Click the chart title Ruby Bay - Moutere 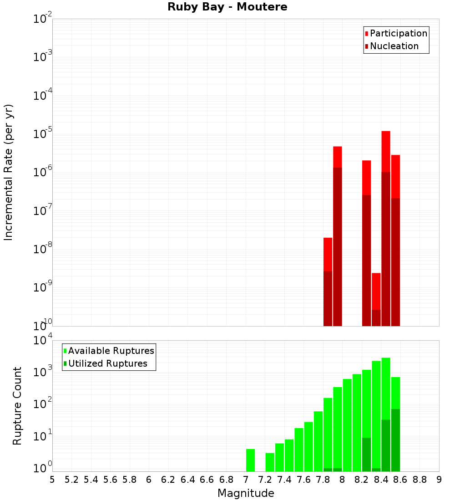227,7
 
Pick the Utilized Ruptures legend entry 107,363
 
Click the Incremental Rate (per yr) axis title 9,172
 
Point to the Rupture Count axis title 17,405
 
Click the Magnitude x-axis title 246,493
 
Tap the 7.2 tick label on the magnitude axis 265,480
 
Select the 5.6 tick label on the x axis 110,480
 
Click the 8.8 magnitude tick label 420,480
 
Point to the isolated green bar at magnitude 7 250,460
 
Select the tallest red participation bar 386,150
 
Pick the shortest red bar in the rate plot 376,291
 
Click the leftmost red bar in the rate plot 328,255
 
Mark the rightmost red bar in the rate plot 395,178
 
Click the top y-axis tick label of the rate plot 43,19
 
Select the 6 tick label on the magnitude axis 149,480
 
